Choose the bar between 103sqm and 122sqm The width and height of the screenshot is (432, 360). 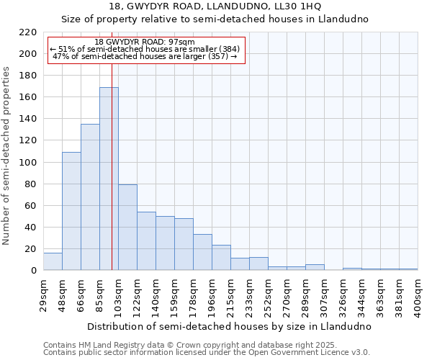point(127,227)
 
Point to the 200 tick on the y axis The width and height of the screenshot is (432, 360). point(28,54)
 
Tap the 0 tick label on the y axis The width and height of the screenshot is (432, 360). point(33,271)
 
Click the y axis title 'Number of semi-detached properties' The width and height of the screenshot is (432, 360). point(7,156)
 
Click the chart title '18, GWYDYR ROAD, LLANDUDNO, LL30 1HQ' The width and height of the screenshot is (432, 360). point(216,6)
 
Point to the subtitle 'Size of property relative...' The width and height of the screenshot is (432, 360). point(216,19)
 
